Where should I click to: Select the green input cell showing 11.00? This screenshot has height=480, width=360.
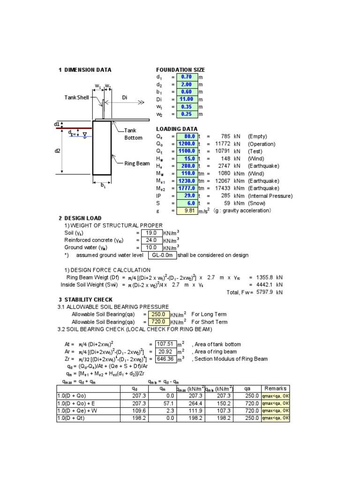click(x=187, y=99)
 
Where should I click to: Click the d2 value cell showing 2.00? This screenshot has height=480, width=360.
click(x=187, y=84)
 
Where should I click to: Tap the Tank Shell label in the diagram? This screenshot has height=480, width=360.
click(x=76, y=97)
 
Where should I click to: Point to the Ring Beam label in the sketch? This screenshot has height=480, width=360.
click(x=137, y=163)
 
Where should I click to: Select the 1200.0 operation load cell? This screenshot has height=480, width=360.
click(x=187, y=144)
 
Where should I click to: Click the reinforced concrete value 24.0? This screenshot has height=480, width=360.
click(x=151, y=240)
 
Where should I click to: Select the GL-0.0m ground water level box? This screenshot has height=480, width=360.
click(x=162, y=255)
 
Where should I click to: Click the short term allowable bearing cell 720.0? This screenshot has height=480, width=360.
click(x=159, y=322)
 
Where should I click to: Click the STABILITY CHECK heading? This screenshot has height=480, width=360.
click(x=88, y=300)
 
